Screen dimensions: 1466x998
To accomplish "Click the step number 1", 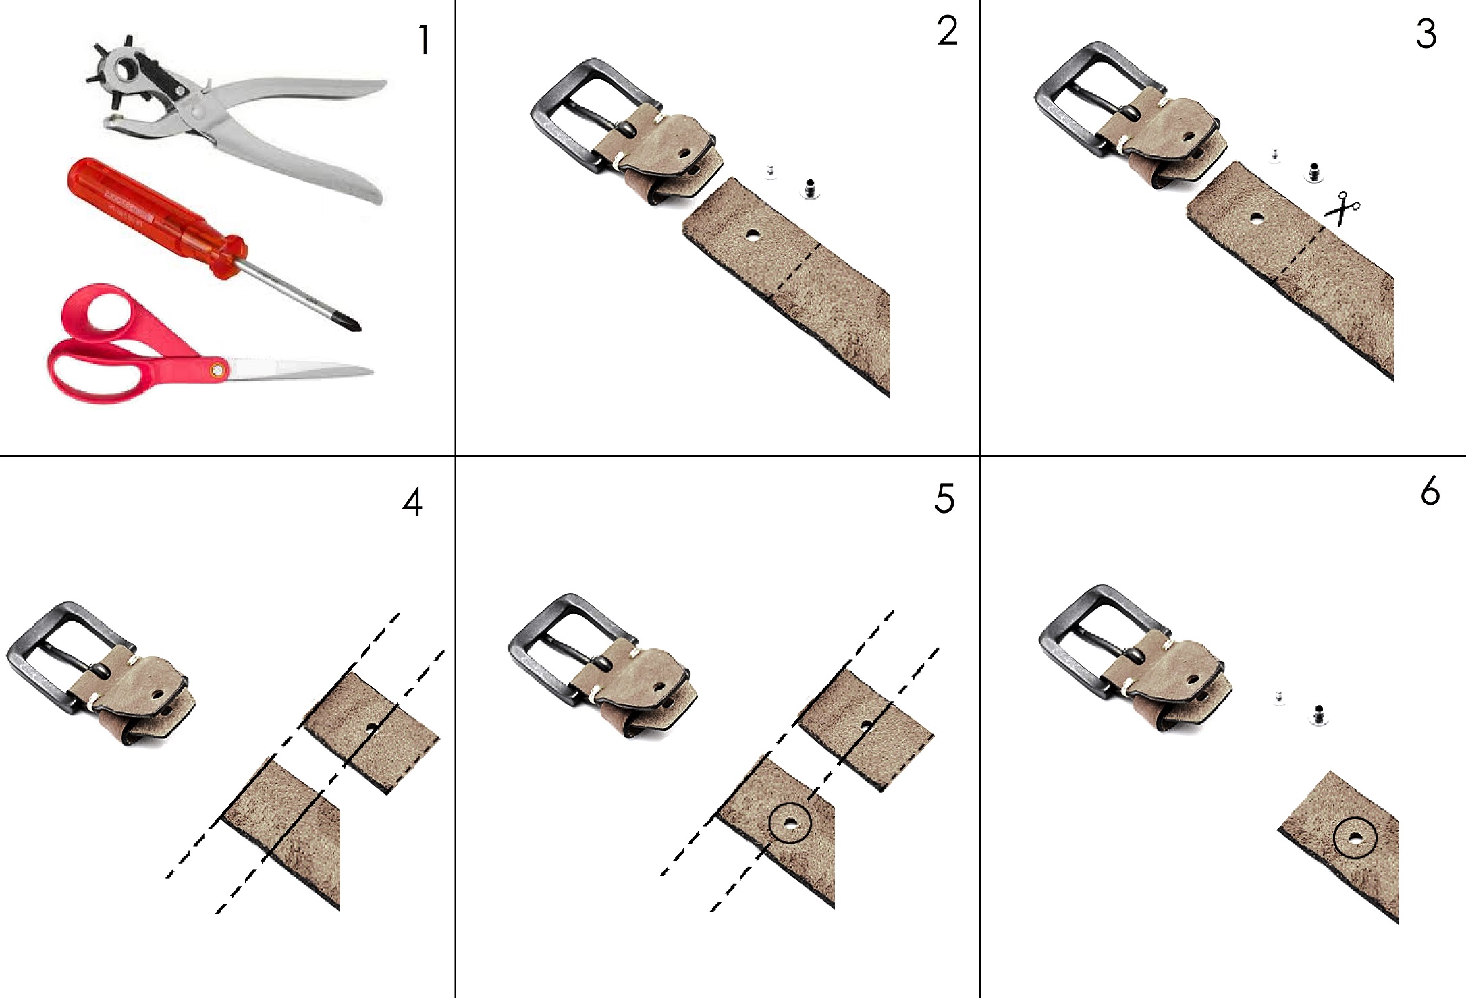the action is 424,40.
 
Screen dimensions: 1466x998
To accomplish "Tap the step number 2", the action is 947,31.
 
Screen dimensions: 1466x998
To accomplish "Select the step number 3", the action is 1426,34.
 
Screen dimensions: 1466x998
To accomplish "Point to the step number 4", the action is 412,502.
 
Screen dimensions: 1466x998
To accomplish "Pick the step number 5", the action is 945,499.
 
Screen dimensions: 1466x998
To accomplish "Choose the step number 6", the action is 1430,491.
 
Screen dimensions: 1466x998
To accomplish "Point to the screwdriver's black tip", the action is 353,324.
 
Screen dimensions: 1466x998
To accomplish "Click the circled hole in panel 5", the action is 789,823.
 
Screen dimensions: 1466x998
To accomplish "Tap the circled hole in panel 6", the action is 1355,838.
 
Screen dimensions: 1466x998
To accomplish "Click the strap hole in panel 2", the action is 752,235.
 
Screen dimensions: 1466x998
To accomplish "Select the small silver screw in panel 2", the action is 771,172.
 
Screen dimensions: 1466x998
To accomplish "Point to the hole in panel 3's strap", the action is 1256,218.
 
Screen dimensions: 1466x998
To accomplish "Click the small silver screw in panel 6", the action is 1278,698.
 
